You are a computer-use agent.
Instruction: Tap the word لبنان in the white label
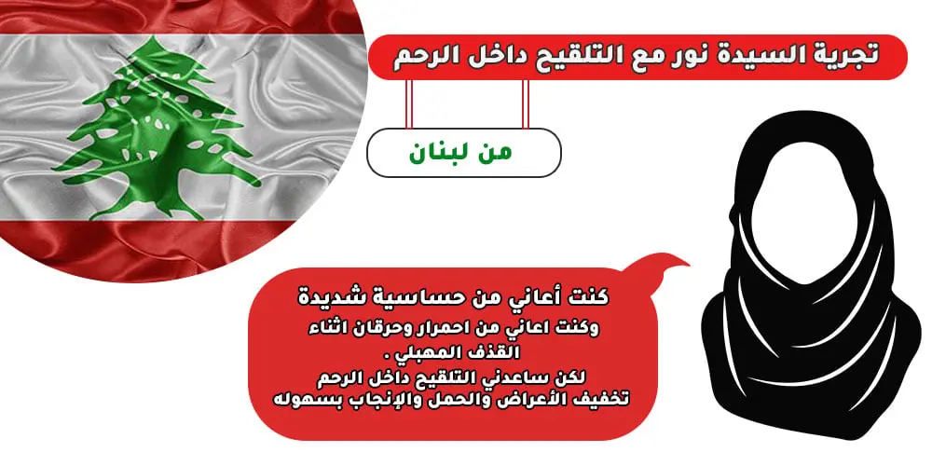(x=441, y=153)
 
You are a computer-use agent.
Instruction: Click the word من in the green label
(x=495, y=153)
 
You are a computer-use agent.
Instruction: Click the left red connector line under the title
(x=409, y=104)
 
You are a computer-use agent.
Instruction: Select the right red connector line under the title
(x=525, y=104)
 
